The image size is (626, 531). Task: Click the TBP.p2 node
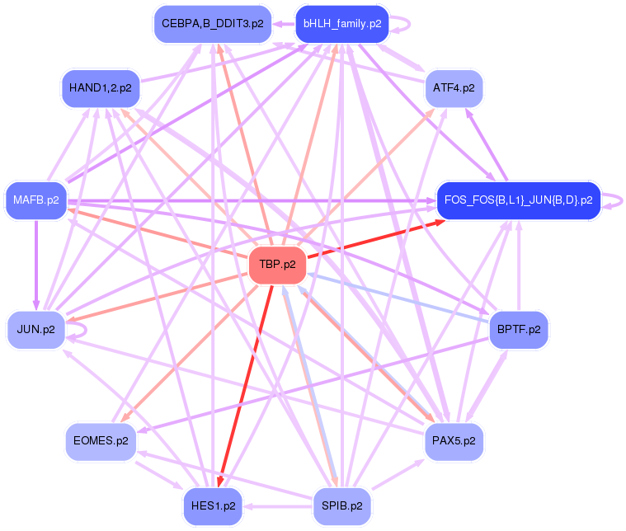(x=278, y=265)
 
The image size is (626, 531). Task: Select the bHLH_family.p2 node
(x=341, y=24)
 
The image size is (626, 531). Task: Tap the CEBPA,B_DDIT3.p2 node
(x=212, y=24)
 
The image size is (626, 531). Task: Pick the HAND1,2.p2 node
(x=100, y=88)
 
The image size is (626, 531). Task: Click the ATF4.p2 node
(x=454, y=88)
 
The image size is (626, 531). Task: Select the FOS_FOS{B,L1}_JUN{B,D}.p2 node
(x=517, y=200)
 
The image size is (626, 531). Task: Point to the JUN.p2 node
(x=36, y=330)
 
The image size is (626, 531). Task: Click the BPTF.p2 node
(x=519, y=330)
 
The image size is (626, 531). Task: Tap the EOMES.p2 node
(x=100, y=441)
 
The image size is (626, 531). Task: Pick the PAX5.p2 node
(x=454, y=441)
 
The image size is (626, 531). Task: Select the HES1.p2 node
(x=212, y=505)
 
